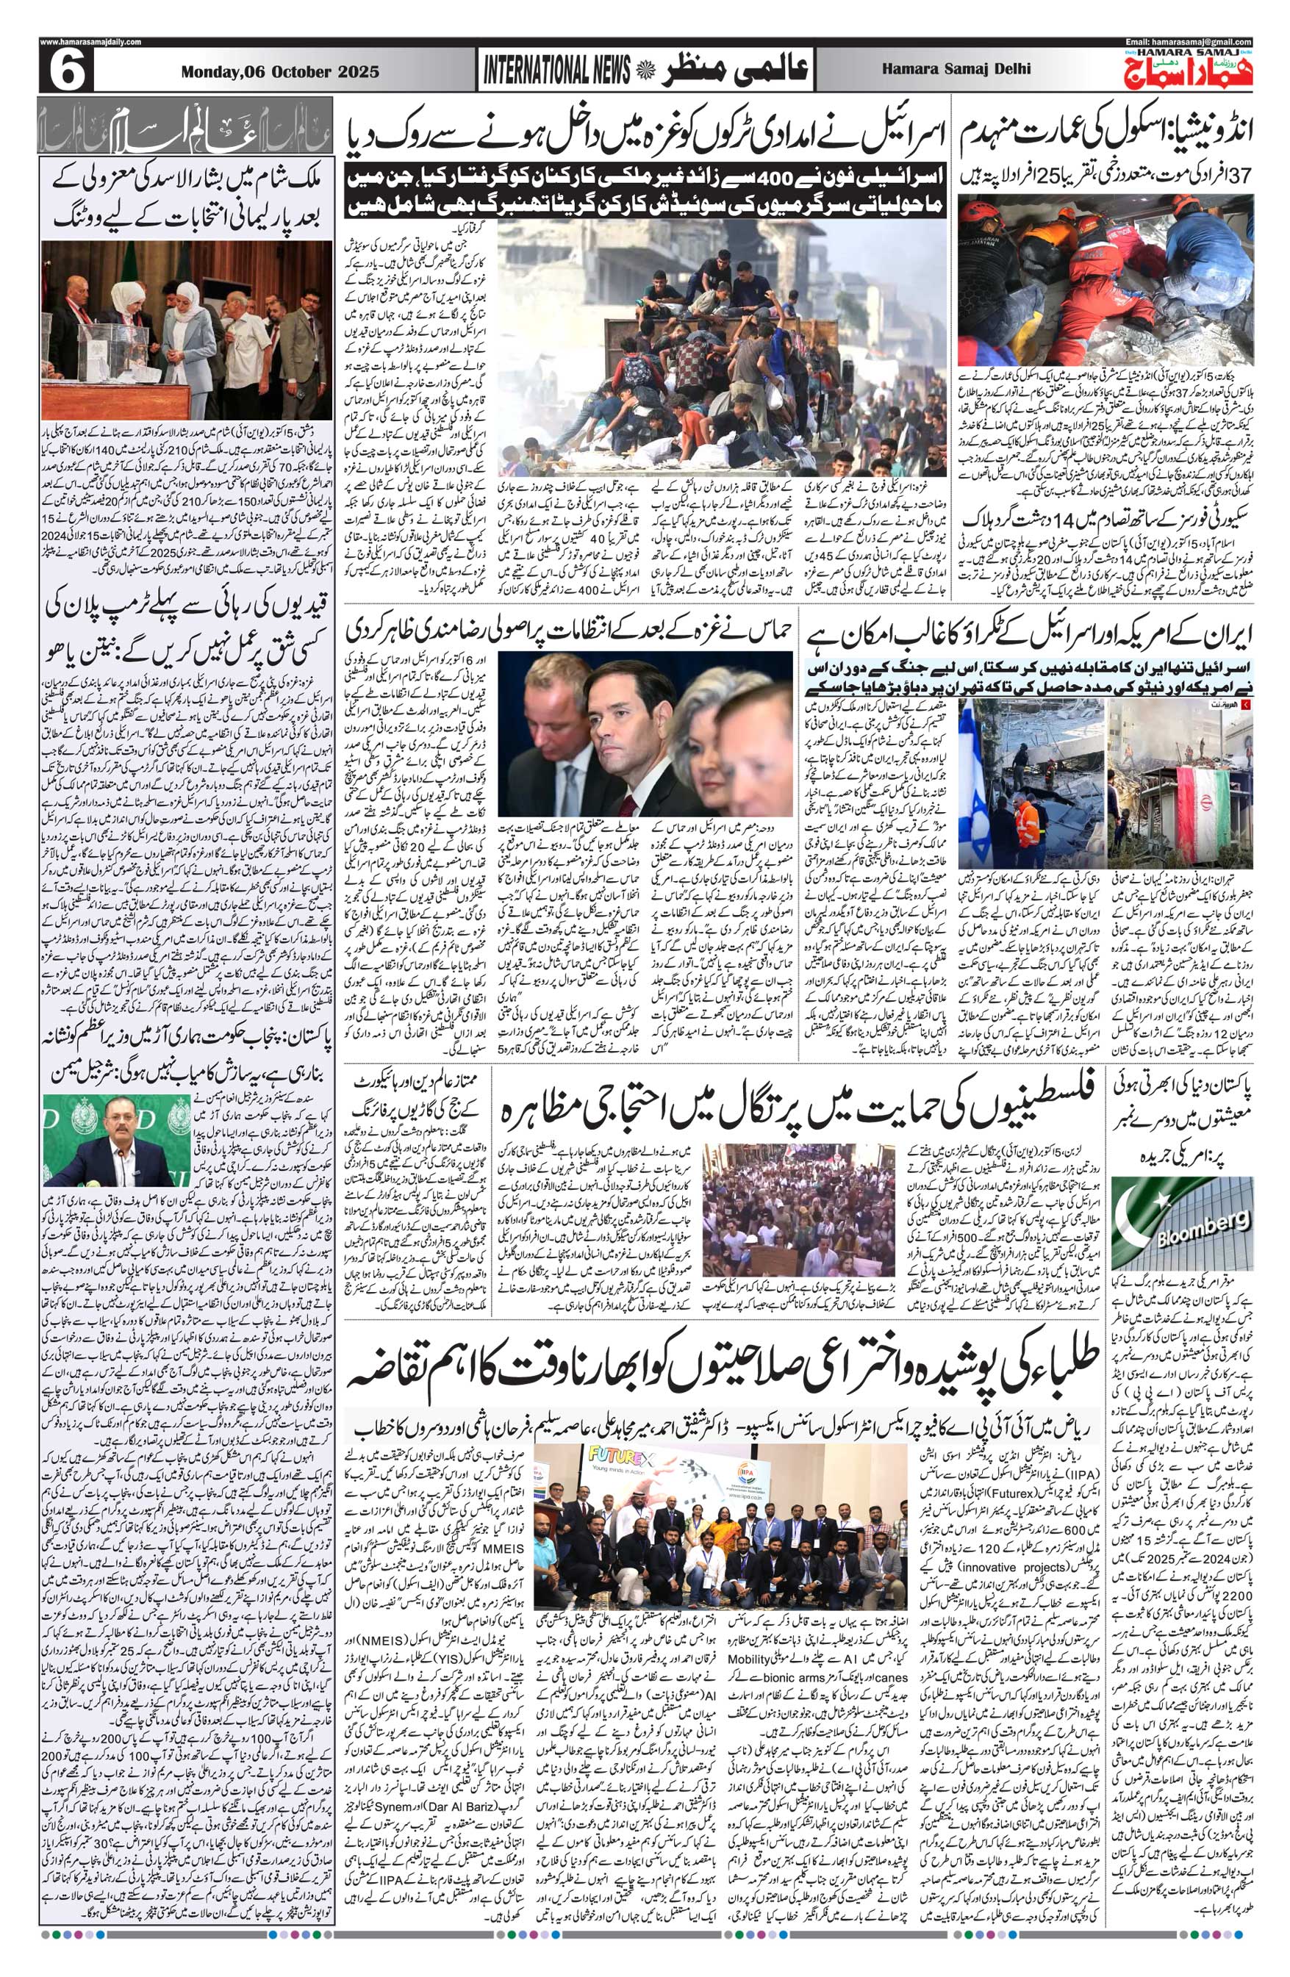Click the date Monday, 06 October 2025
click(x=279, y=71)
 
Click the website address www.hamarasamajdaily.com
click(x=90, y=42)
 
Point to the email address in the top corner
click(x=1188, y=42)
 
